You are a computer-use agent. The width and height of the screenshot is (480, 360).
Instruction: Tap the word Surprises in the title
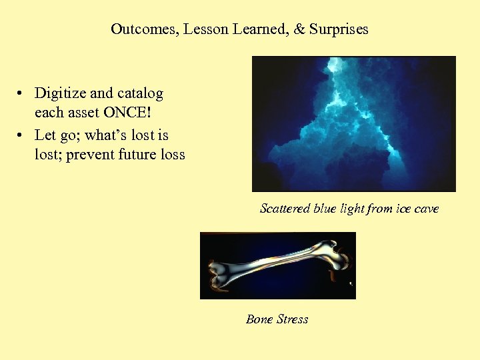(339, 29)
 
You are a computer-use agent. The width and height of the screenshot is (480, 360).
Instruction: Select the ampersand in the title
(299, 29)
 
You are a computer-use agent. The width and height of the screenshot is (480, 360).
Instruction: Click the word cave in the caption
(427, 209)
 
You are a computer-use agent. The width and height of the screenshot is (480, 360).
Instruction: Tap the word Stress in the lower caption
(293, 319)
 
